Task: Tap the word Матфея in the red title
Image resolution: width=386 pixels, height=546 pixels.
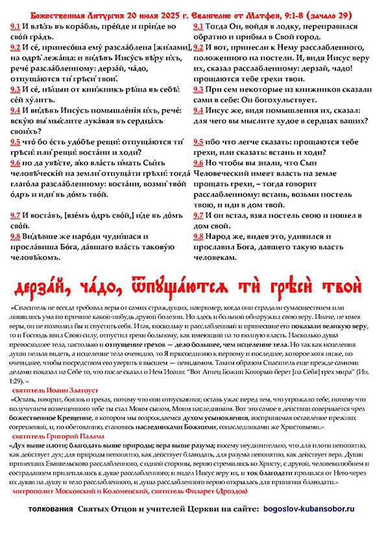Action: coord(267,15)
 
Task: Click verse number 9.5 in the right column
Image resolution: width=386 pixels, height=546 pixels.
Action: coord(200,142)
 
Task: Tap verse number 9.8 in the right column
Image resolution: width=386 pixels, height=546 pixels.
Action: coord(200,237)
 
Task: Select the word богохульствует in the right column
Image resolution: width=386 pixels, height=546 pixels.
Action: coord(280,101)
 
